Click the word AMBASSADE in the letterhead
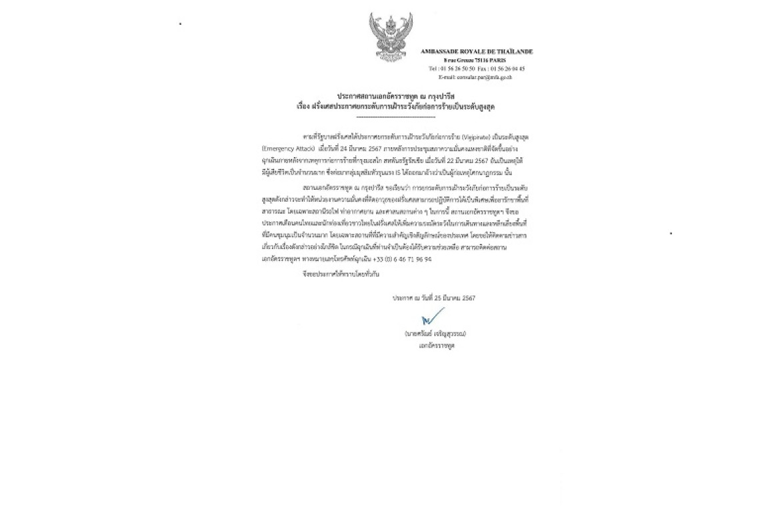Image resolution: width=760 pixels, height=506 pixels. pos(439,51)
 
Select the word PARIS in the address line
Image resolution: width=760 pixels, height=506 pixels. pos(497,60)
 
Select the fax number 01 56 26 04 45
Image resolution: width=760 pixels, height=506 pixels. pos(508,69)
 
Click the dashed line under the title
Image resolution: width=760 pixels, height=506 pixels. pos(395,117)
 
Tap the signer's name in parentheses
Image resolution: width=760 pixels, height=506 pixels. pos(435,334)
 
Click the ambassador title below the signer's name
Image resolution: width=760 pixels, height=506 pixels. pos(437,346)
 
